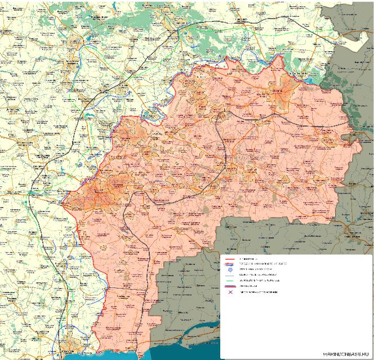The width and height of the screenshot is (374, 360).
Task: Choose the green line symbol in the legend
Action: point(230,280)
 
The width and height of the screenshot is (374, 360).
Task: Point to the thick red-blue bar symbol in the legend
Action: point(230,286)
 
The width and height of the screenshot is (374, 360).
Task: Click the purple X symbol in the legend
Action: point(230,292)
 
